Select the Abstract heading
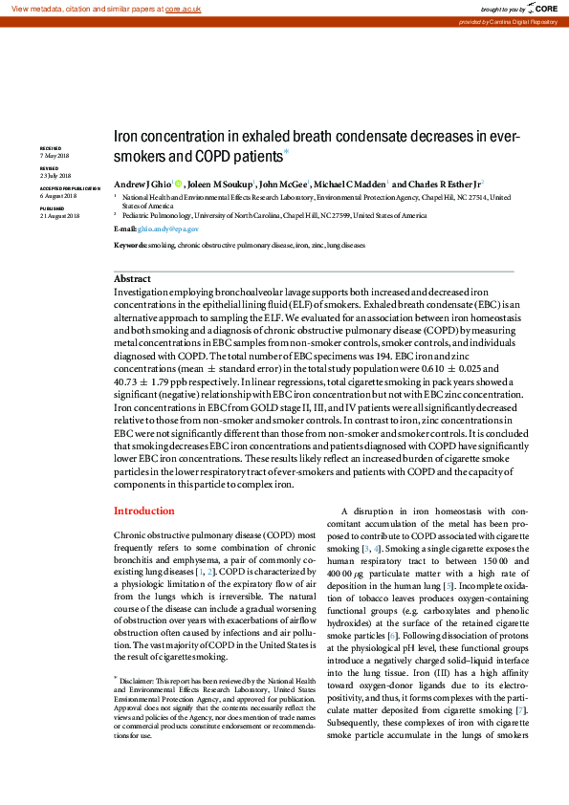pos(132,279)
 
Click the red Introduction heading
pos(144,511)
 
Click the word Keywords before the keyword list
pos(130,246)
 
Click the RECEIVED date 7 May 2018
pos(54,155)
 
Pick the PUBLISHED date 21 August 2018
pos(59,217)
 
